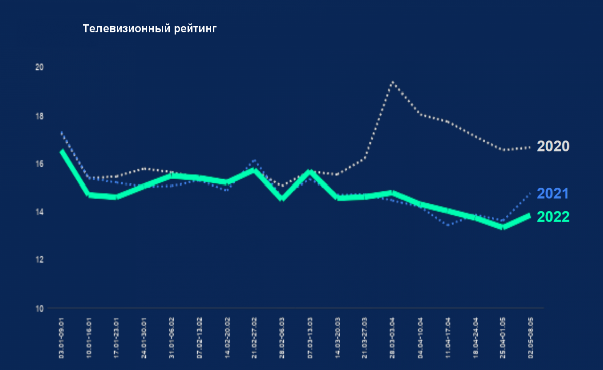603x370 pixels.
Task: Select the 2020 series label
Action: pyautogui.click(x=553, y=146)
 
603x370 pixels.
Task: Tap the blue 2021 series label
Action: pyautogui.click(x=553, y=194)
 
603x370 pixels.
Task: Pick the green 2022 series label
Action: pyautogui.click(x=553, y=217)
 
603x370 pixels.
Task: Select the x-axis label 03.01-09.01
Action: pyautogui.click(x=62, y=337)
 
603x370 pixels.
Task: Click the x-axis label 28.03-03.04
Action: pyautogui.click(x=393, y=337)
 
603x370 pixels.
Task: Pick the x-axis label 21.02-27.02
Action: pyautogui.click(x=255, y=337)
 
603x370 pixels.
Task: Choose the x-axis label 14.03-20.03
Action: pyautogui.click(x=338, y=337)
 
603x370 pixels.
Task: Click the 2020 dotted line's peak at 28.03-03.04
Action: pyautogui.click(x=393, y=82)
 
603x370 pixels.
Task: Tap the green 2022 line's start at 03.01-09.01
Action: pyautogui.click(x=62, y=151)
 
